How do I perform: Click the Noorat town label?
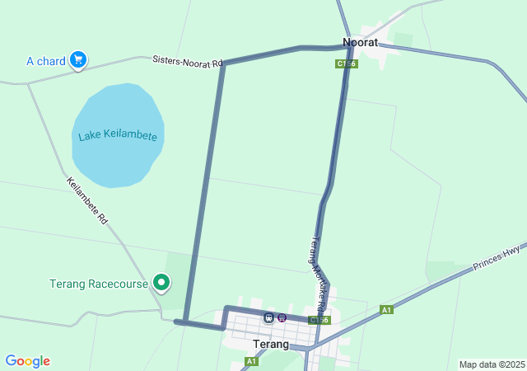360,42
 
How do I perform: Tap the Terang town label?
271,344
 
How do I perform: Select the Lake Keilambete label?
118,135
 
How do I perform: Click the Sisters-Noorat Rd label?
188,62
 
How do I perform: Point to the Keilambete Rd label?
86,201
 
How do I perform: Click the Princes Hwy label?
497,258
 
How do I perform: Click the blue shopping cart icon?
78,60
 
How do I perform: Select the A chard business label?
45,61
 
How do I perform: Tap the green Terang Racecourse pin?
161,283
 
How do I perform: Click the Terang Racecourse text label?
99,284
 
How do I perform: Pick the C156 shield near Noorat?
346,63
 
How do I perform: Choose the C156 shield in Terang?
319,320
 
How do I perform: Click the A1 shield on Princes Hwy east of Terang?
386,310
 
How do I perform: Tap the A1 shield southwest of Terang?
251,361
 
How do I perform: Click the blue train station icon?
269,317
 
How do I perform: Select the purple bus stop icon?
282,317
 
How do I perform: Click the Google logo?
27,361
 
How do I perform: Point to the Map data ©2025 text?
492,364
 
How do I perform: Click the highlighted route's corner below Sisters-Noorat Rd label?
223,64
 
